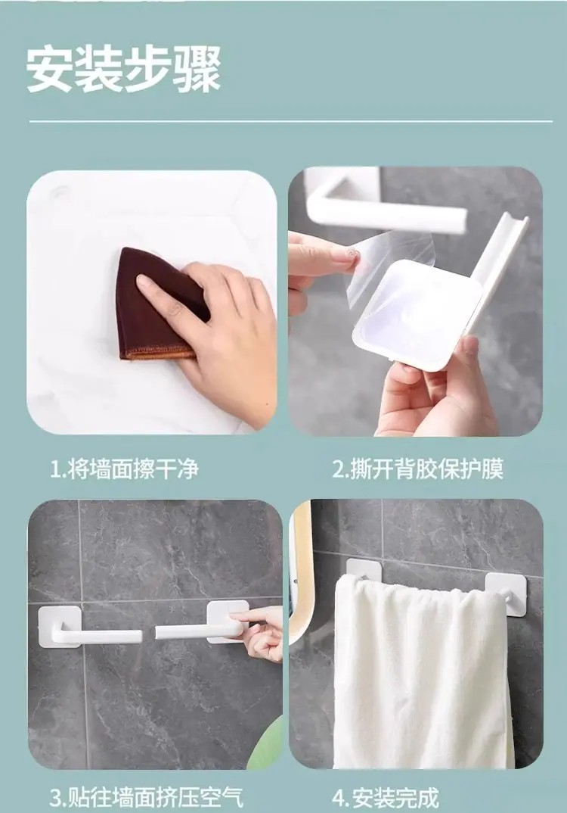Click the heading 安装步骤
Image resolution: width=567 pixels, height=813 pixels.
tap(124, 70)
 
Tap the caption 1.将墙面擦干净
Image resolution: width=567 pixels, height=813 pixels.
tap(124, 469)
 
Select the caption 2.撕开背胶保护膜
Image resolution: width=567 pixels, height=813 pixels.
tap(417, 469)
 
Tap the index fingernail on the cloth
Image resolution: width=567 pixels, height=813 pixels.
tap(142, 281)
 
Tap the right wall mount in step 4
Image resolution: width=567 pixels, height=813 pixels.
tap(503, 593)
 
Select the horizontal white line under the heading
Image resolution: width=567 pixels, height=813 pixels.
tap(290, 122)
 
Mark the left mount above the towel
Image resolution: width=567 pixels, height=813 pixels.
tap(364, 569)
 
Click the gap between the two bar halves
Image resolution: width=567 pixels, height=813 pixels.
tap(148, 634)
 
